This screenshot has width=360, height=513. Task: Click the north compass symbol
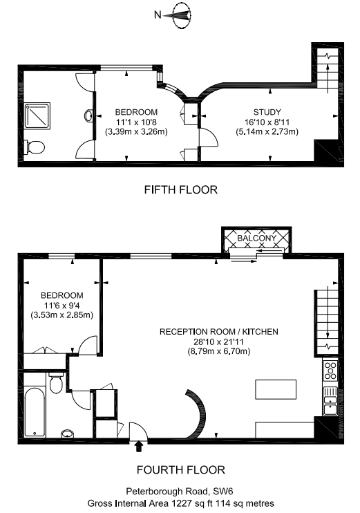point(181,13)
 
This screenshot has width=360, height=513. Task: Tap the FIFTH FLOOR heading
point(180,189)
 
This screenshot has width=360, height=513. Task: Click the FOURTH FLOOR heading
point(180,470)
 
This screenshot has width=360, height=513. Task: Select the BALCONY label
point(256,239)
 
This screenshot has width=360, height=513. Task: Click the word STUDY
point(267,111)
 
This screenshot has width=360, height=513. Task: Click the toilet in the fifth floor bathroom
point(34,146)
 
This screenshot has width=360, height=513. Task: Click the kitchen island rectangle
point(276,389)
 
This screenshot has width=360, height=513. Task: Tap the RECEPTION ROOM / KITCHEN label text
point(218,332)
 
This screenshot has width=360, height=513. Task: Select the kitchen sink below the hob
point(330,401)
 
